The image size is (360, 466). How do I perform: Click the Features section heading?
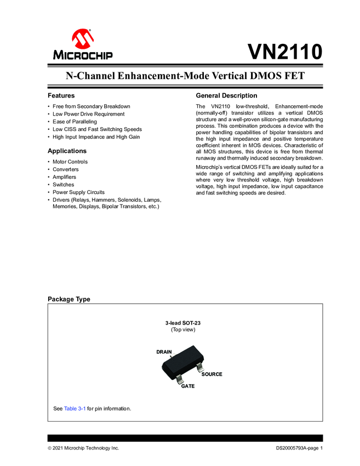[x=61, y=95]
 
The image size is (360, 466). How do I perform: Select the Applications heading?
[x=67, y=151]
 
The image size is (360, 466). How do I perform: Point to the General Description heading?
[x=226, y=95]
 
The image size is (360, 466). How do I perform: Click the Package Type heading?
[x=69, y=299]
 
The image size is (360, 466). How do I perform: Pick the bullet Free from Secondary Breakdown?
[x=91, y=106]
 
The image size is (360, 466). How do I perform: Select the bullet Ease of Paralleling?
[x=75, y=121]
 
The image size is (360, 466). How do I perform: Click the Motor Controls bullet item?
[x=70, y=162]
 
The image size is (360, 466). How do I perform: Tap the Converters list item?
[x=66, y=169]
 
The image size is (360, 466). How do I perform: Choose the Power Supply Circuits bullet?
[x=78, y=192]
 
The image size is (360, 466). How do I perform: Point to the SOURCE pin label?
[x=212, y=374]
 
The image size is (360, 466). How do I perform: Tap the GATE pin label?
[x=188, y=386]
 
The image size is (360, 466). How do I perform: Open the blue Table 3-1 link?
[x=75, y=408]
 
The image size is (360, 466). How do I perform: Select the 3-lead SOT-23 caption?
[x=183, y=323]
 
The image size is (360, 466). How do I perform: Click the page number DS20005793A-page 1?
[x=299, y=448]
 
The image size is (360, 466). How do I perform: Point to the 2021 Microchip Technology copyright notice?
[x=83, y=448]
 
